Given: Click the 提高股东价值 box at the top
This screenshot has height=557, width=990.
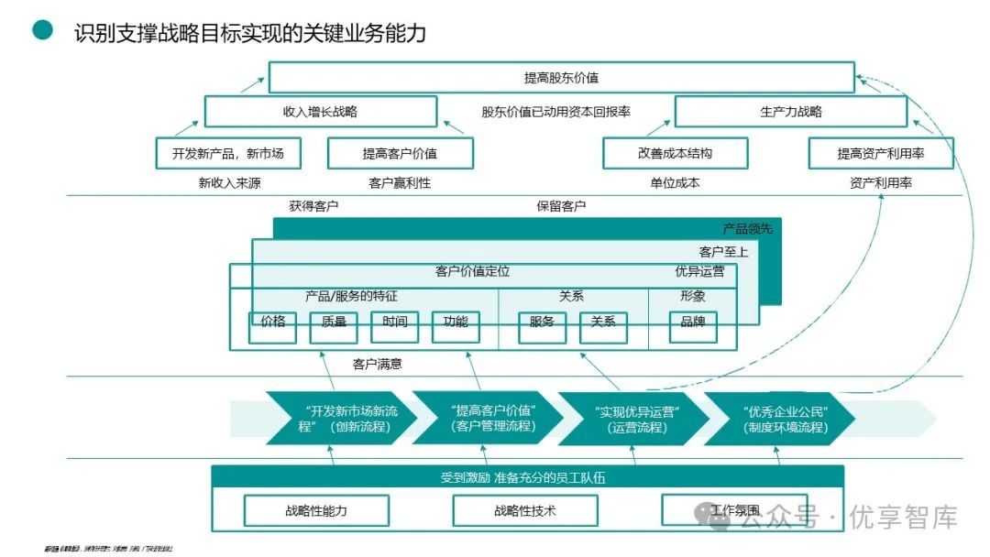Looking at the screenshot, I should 561,78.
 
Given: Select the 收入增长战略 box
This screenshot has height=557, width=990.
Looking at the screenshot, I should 320,112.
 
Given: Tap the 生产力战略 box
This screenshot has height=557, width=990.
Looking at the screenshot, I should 790,112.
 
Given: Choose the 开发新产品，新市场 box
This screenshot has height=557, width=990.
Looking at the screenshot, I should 228,153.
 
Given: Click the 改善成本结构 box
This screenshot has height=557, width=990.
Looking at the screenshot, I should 675,153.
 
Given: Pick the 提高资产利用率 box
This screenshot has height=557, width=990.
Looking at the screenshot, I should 880,153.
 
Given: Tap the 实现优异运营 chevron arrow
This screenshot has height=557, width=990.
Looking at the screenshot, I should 632,418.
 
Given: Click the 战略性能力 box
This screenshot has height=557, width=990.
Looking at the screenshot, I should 316,510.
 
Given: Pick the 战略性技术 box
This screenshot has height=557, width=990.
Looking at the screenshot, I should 525,510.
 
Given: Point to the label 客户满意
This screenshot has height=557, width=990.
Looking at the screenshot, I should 378,364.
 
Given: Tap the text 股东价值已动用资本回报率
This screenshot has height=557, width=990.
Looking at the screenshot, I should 556,112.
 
